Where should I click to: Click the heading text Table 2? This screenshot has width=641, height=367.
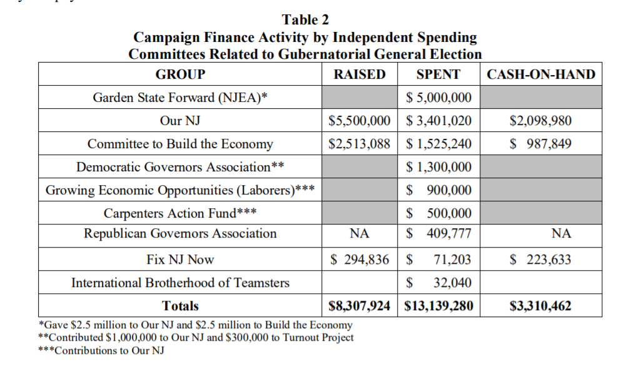(x=305, y=19)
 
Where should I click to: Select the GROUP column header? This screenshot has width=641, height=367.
(x=180, y=74)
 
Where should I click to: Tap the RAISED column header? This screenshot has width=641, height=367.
(x=360, y=74)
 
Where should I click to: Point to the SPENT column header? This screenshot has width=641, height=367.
(x=438, y=74)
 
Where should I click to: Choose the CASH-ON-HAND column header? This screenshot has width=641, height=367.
(x=541, y=75)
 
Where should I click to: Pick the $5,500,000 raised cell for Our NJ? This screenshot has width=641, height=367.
(x=360, y=121)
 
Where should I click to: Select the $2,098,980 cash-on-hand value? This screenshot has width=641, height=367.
(x=541, y=121)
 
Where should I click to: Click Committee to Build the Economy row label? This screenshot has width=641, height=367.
(x=180, y=144)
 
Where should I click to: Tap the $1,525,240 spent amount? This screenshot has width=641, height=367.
(x=438, y=144)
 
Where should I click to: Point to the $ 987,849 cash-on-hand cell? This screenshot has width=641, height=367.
(x=541, y=144)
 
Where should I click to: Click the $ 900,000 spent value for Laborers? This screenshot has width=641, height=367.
(x=438, y=190)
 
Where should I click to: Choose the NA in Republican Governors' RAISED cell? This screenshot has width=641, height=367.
(x=360, y=234)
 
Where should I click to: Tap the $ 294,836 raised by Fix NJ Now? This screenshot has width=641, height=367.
(x=360, y=259)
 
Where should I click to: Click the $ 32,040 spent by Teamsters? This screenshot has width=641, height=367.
(x=438, y=283)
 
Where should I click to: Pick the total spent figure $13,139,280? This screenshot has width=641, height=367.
(x=438, y=306)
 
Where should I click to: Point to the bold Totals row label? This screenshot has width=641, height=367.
(x=180, y=306)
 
